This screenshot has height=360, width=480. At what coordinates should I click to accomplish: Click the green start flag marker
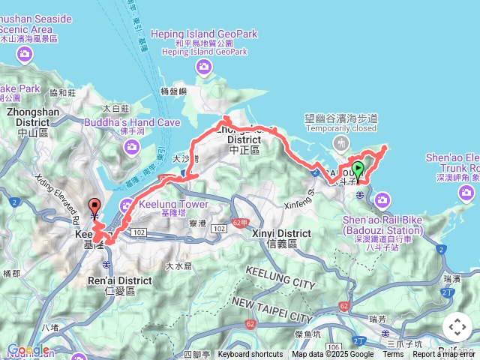click(358, 170)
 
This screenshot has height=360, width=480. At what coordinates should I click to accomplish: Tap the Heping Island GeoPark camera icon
click(204, 69)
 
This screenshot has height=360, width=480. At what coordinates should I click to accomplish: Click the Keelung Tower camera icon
click(126, 204)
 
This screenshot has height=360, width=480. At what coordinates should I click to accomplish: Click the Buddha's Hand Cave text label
click(132, 122)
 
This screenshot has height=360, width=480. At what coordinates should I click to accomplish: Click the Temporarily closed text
click(341, 128)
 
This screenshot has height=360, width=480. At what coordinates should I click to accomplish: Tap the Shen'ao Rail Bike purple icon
click(382, 199)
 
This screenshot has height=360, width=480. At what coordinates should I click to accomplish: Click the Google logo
click(28, 350)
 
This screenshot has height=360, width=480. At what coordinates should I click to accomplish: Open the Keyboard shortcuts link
click(250, 355)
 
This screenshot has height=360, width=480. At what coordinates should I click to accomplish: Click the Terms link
click(393, 355)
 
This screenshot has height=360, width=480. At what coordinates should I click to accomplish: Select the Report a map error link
click(445, 355)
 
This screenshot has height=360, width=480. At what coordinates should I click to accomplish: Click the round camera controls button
click(457, 327)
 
